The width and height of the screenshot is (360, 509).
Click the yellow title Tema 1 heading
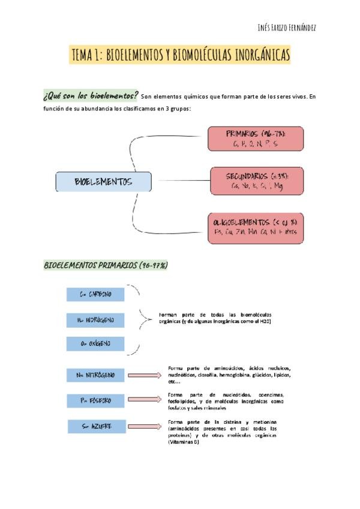pos(181,56)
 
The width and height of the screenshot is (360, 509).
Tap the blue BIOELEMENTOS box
pos(103,182)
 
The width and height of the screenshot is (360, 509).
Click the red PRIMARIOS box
pos(255,139)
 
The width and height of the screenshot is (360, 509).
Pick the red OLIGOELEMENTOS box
pos(255,227)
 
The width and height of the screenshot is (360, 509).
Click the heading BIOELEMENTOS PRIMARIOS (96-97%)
pos(106,265)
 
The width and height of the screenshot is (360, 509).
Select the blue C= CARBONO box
pos(96,294)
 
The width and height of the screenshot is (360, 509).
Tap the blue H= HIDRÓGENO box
pos(96,321)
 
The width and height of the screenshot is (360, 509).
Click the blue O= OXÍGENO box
pos(96,345)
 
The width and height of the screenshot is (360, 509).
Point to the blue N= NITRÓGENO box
pos(96,375)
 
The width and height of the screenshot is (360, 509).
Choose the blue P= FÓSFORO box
pos(96,400)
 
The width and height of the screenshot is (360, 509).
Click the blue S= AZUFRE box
pos(96,426)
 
